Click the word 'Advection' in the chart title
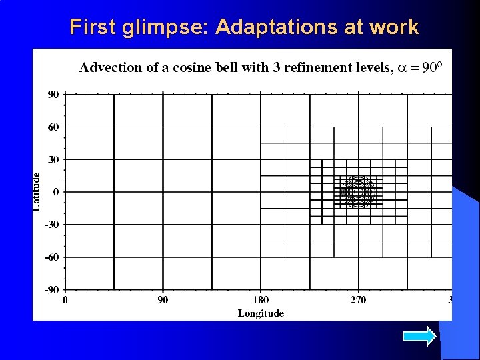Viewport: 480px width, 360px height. pyautogui.click(x=111, y=67)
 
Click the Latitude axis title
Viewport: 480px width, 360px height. pyautogui.click(x=37, y=192)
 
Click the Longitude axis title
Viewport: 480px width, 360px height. pyautogui.click(x=261, y=313)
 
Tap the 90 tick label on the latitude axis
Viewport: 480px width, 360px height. pyautogui.click(x=53, y=95)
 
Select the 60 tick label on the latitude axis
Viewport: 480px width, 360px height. pyautogui.click(x=53, y=127)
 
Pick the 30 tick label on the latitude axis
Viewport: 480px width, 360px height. pyautogui.click(x=53, y=160)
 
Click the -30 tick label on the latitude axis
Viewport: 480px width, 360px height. pyautogui.click(x=51, y=225)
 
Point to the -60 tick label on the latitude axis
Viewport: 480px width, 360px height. pyautogui.click(x=51, y=257)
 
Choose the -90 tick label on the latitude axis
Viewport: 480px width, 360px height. pyautogui.click(x=51, y=290)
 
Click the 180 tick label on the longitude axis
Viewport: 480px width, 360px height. pyautogui.click(x=261, y=300)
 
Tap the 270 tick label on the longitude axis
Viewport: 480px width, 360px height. pyautogui.click(x=359, y=300)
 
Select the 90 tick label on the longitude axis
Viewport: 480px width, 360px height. pyautogui.click(x=163, y=300)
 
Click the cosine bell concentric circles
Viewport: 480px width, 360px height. pyautogui.click(x=359, y=192)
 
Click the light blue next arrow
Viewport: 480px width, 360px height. pyautogui.click(x=421, y=335)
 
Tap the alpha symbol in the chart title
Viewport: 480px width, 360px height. pyautogui.click(x=403, y=67)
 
